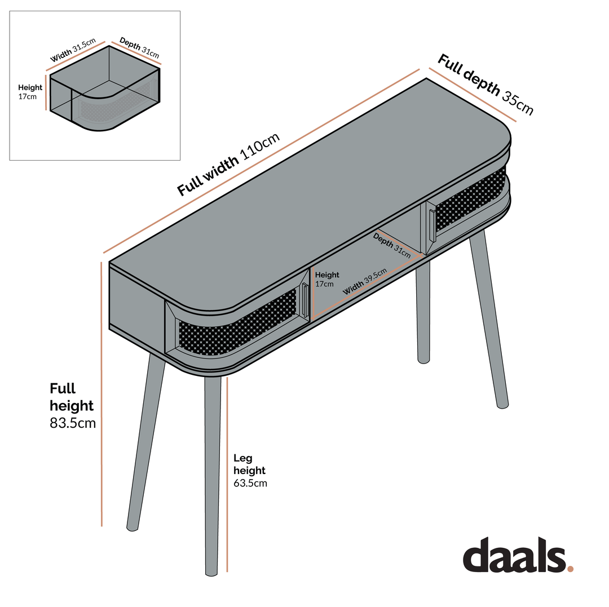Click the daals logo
[518, 555]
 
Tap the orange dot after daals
[570, 569]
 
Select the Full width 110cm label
[228, 165]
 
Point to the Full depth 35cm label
[486, 84]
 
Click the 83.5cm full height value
[73, 423]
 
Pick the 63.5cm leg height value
[250, 483]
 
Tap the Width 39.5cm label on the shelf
[365, 281]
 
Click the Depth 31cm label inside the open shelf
[391, 245]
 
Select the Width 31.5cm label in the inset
[73, 50]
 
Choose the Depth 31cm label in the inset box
[139, 48]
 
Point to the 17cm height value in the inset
[28, 96]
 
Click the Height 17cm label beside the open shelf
[327, 279]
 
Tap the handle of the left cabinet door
[305, 300]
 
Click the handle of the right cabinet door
[433, 226]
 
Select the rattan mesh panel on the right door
[471, 198]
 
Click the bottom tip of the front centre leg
[211, 574]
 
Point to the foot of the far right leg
[502, 406]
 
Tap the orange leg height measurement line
[227, 474]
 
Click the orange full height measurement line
[101, 394]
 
